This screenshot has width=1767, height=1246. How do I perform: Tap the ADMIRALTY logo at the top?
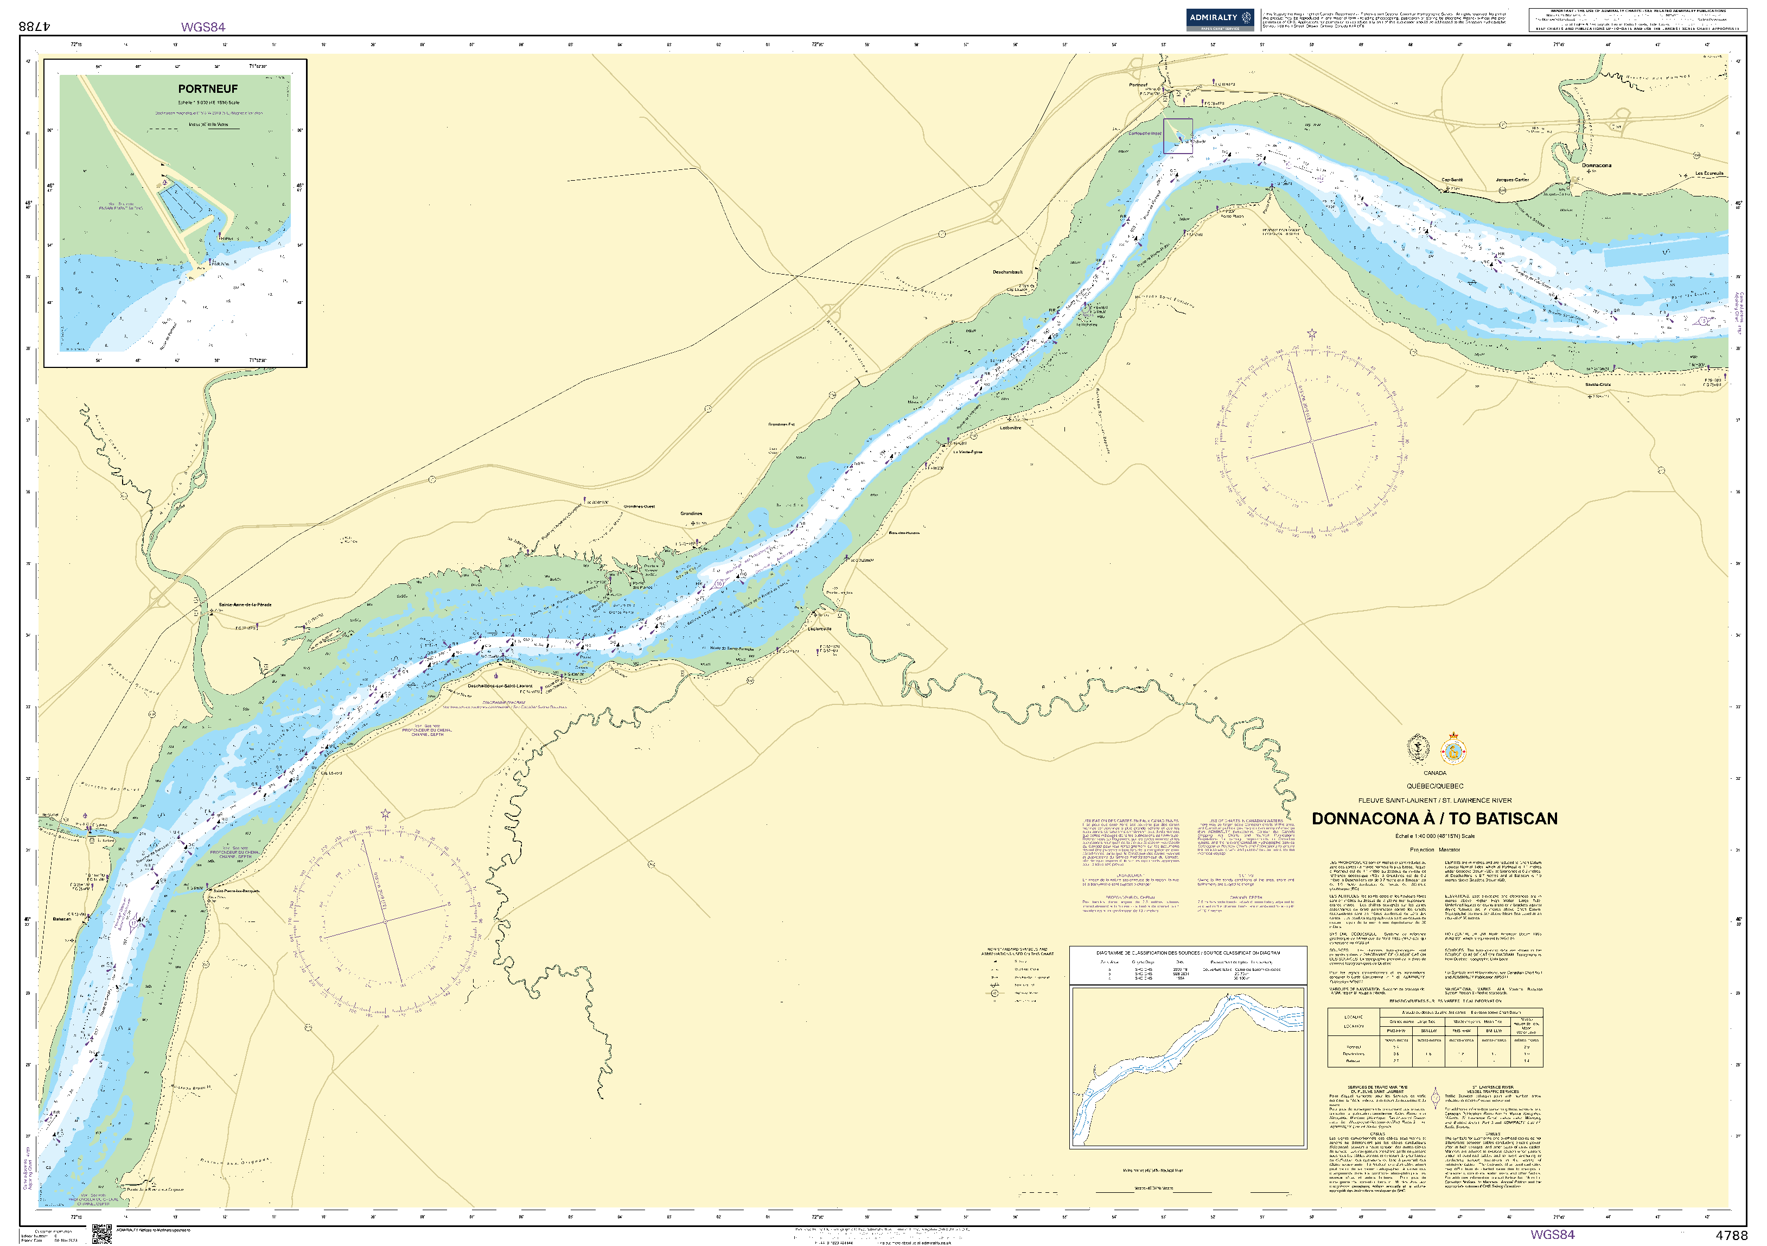click(x=1220, y=18)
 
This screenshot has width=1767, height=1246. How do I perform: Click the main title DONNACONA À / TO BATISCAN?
click(x=1434, y=819)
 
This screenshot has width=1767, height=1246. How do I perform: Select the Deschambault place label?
click(x=1007, y=272)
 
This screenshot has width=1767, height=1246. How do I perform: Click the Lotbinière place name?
click(x=1011, y=428)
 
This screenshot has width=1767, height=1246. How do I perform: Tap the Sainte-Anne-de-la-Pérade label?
click(x=245, y=605)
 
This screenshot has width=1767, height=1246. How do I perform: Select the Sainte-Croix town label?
click(x=1598, y=385)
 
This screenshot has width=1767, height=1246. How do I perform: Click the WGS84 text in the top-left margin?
click(x=203, y=27)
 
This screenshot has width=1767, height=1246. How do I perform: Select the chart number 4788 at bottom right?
click(x=1732, y=1235)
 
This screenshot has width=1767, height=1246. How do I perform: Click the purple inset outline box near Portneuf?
click(x=1177, y=136)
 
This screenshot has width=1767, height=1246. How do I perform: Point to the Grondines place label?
click(x=691, y=513)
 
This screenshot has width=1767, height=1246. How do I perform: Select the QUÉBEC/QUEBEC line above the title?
click(x=1434, y=786)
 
